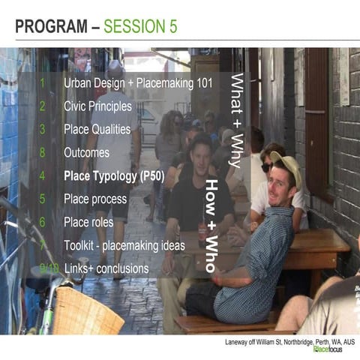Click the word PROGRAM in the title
[52, 28]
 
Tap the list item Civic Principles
[97, 106]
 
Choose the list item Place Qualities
[97, 129]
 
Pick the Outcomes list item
[86, 152]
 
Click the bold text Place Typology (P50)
[114, 176]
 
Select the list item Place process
[96, 199]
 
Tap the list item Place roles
[88, 222]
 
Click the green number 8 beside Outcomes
[43, 152]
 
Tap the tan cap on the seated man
[286, 165]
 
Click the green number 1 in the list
[43, 82]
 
